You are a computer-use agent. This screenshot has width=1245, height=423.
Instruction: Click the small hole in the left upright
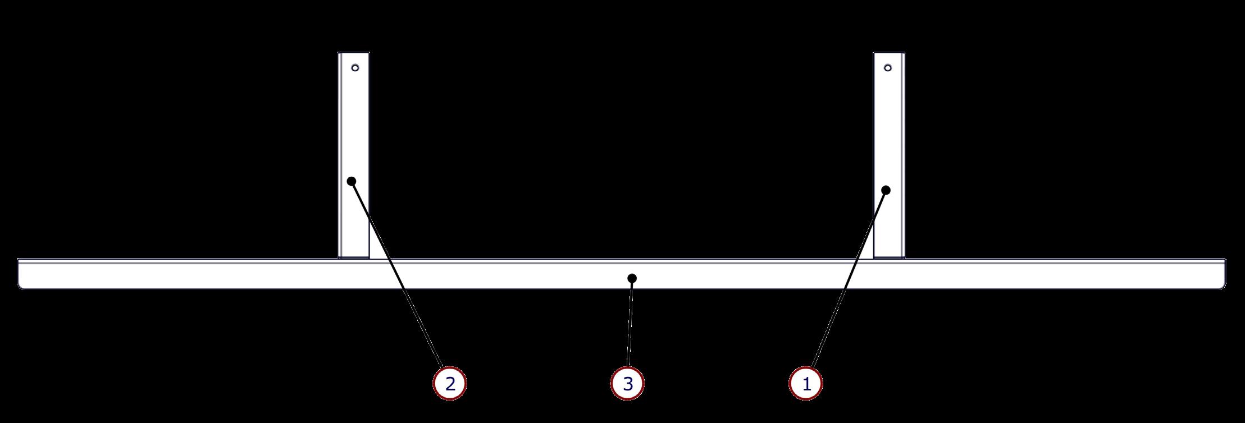click(x=355, y=68)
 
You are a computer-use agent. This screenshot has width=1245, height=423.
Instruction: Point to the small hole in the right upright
click(x=887, y=68)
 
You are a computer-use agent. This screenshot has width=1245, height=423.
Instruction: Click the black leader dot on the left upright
click(x=352, y=181)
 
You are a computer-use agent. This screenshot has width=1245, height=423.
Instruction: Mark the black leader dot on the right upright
click(x=886, y=190)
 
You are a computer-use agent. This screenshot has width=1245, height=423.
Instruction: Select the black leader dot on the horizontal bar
click(x=632, y=278)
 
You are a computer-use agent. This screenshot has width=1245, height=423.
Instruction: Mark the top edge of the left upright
click(x=353, y=53)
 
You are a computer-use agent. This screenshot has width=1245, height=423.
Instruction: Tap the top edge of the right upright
click(x=888, y=53)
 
